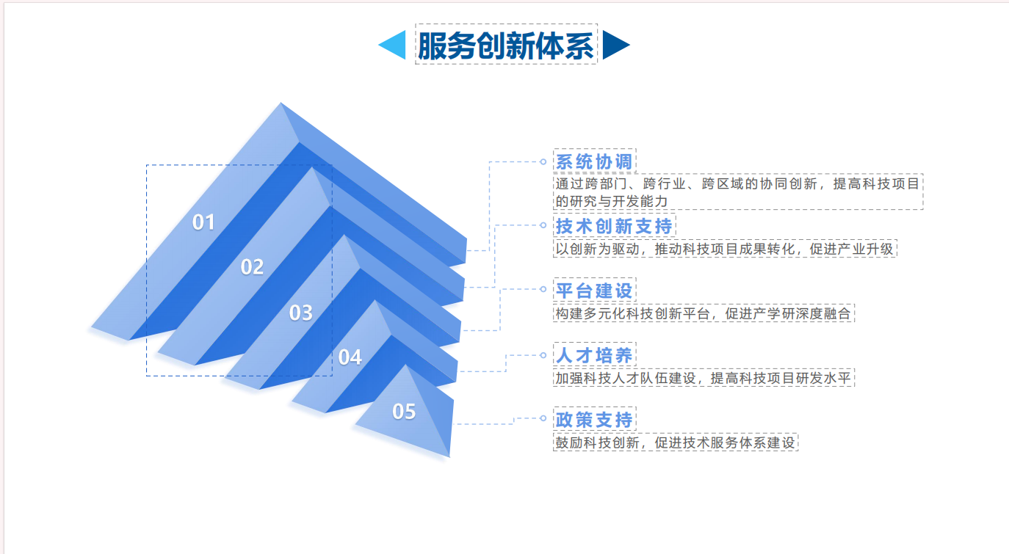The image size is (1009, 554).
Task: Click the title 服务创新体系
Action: [505, 45]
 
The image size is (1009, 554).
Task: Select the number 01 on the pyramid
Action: [203, 222]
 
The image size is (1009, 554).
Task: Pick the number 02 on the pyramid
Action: [253, 267]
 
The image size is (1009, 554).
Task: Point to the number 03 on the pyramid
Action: [301, 313]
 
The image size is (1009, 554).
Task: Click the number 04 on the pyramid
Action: [350, 357]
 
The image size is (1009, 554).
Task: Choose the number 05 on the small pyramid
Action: [404, 412]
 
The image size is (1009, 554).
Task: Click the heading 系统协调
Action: [594, 162]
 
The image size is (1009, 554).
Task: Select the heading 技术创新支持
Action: [614, 227]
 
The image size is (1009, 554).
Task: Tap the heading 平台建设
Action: [594, 291]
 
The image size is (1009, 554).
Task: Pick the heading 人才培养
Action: [594, 356]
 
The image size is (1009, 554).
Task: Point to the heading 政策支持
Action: [594, 420]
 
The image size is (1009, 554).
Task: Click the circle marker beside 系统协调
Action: [543, 161]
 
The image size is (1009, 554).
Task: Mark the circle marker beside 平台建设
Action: [543, 289]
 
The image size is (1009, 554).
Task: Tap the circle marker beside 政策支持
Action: [543, 418]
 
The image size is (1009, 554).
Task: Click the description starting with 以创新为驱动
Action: [724, 249]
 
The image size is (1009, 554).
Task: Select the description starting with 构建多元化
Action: [704, 313]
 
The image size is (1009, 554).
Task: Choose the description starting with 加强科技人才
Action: [704, 378]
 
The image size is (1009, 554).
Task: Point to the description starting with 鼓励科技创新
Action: [675, 443]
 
